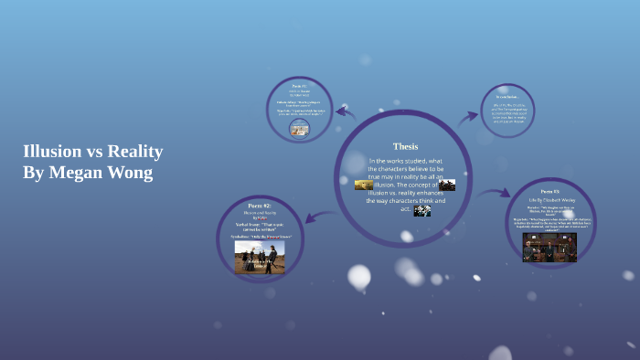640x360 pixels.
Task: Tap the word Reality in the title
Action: (135, 152)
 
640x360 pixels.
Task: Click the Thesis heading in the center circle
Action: (405, 146)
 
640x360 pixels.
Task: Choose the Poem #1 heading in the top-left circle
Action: (299, 86)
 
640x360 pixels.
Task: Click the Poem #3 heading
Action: (549, 192)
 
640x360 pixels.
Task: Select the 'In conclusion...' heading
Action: (507, 96)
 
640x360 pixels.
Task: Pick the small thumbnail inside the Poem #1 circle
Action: (299, 129)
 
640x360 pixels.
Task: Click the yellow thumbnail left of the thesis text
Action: (364, 185)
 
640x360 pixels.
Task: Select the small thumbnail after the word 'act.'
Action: (422, 210)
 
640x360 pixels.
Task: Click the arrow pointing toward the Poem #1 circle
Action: (345, 112)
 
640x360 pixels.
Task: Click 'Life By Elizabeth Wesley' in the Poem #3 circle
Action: (549, 199)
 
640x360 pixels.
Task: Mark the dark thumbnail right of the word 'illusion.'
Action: (447, 185)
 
